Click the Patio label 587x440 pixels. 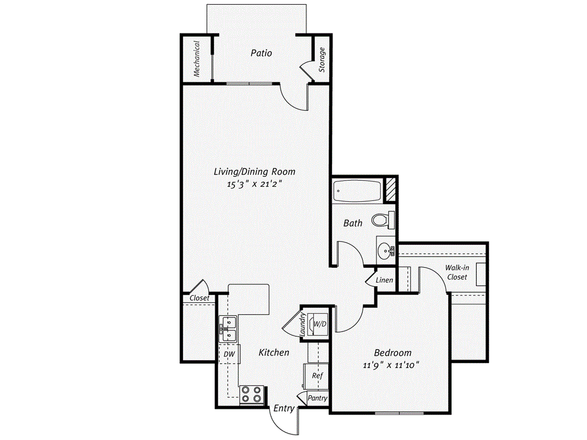coord(261,53)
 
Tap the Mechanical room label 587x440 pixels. coord(197,58)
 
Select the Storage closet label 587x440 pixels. coord(322,60)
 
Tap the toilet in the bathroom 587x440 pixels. coord(383,219)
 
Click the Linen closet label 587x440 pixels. coord(385,280)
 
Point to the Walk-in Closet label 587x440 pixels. coord(457,272)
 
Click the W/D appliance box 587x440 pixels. coord(319,325)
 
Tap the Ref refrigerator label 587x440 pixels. coord(318,376)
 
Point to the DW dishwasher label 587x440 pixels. coord(229,355)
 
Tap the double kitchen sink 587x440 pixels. coord(228,328)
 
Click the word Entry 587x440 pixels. coord(284,408)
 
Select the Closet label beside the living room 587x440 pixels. coord(199,298)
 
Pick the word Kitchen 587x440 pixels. coord(273,352)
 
